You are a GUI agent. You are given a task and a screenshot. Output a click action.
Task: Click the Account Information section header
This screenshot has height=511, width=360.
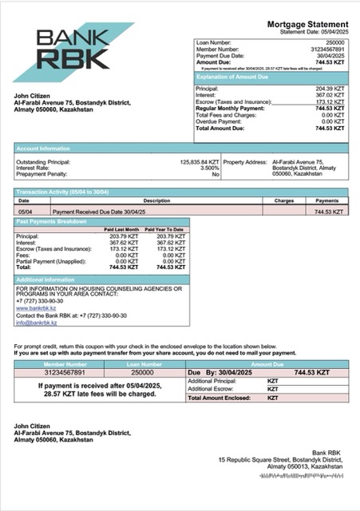point(40,148)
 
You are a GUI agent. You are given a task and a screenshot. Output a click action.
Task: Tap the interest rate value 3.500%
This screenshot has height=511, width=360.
point(209,168)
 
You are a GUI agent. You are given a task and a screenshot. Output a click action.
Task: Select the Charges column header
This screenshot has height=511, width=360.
point(284,201)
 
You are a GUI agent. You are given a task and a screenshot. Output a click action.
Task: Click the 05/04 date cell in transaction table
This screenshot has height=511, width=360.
point(25,212)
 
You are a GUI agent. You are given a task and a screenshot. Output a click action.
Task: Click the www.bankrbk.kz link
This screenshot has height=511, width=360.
point(34,307)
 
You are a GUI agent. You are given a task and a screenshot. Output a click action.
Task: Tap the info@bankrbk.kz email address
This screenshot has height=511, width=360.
point(37,323)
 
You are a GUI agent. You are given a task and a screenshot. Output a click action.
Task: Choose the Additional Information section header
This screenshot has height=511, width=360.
point(45,280)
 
